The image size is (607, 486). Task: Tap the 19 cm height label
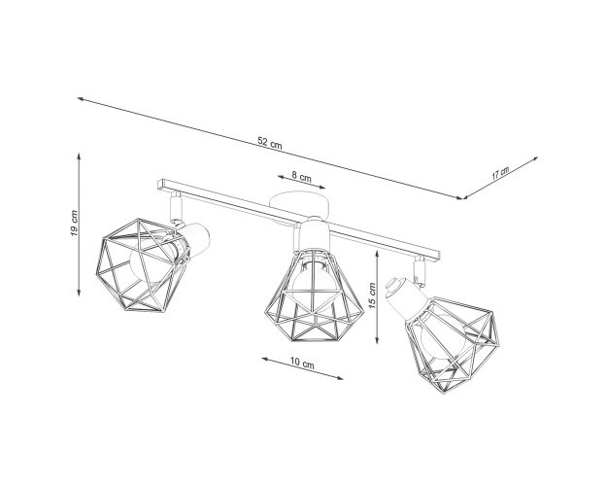[x=74, y=224]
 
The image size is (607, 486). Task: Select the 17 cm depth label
[x=500, y=172]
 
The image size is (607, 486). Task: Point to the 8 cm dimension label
[x=301, y=177]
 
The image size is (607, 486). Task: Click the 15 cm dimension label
[x=372, y=295]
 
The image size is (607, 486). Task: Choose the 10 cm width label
[x=302, y=364]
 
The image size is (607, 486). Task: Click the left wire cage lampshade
[x=143, y=266]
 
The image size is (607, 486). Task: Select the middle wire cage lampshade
[x=314, y=296]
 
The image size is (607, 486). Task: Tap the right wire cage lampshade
[x=453, y=344]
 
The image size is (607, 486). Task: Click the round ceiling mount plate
[x=300, y=205]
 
